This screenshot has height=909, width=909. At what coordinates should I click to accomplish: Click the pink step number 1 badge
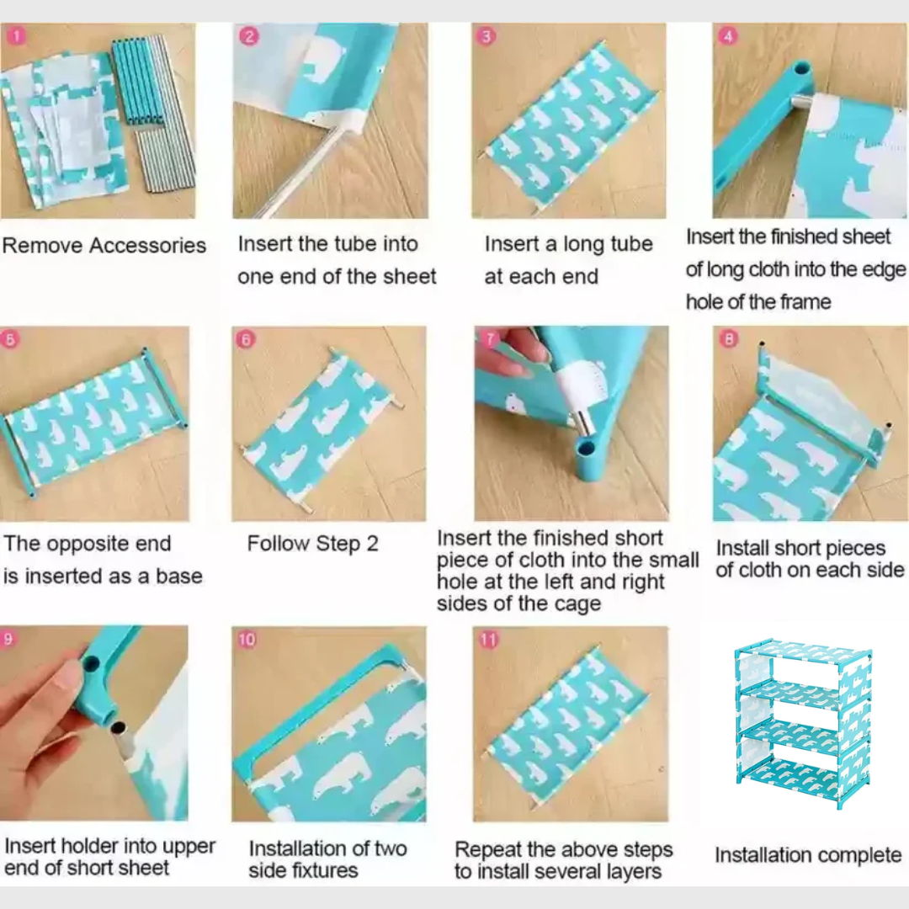16,36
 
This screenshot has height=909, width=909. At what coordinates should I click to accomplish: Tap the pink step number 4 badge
727,36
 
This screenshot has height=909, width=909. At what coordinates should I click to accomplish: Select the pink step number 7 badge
490,339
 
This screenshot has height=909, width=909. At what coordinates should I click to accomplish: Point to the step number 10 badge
247,639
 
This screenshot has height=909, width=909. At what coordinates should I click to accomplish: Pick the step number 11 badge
488,640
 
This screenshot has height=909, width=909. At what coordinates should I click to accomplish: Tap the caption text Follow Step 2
312,544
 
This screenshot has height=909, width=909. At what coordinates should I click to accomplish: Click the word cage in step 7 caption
577,604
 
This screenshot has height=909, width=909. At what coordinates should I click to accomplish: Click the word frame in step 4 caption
805,302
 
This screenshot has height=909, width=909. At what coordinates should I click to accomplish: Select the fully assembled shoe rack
804,723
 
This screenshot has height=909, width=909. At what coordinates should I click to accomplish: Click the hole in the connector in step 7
586,448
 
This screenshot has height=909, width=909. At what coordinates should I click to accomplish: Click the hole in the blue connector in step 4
802,69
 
